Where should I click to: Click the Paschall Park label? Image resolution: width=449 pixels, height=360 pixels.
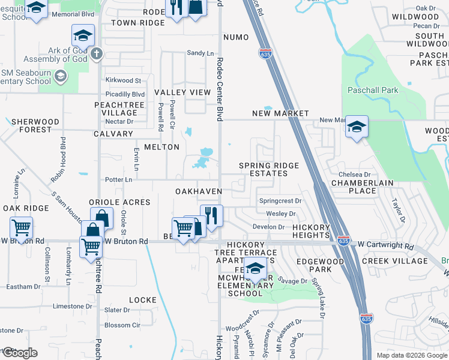[373, 90]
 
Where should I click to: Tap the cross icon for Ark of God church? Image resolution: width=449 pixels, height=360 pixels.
[96, 54]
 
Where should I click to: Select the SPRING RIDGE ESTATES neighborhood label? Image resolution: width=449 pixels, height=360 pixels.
[264, 169]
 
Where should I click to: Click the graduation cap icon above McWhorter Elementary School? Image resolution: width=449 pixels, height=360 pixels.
[255, 270]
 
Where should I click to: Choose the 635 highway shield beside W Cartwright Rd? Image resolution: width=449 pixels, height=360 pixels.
[343, 240]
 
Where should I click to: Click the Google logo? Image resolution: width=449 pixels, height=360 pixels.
[19, 353]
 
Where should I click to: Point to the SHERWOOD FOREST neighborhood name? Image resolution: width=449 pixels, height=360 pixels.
[35, 125]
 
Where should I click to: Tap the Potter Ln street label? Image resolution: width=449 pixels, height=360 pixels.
[118, 179]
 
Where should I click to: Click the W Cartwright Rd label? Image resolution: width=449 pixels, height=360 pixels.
[385, 246]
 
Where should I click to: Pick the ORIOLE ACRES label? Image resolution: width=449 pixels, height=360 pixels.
[119, 202]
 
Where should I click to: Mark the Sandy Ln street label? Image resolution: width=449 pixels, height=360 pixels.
[200, 53]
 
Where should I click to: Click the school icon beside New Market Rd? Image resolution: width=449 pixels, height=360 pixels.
[357, 128]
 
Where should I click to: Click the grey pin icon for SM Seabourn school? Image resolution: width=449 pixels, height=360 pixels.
[60, 76]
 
